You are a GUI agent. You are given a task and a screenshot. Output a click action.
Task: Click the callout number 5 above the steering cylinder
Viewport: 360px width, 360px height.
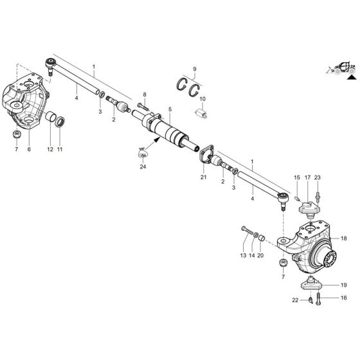pos(170,110)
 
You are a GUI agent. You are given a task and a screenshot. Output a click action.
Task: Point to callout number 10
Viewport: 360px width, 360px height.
pos(203,98)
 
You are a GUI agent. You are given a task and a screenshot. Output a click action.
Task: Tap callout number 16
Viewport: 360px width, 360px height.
pos(345,298)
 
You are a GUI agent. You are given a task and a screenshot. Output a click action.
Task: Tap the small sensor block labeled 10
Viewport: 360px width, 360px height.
pos(201,111)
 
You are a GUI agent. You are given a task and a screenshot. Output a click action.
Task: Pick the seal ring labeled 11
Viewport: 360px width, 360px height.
pos(60,122)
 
